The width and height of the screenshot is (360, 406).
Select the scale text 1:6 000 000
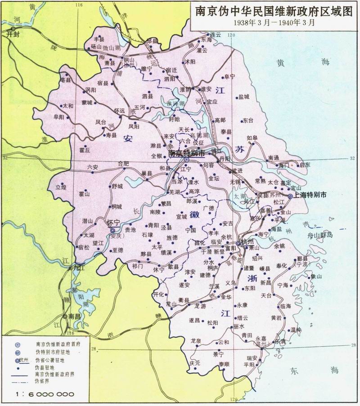[45, 394]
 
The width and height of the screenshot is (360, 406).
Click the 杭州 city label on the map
[248, 241]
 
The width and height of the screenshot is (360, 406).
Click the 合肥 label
[123, 164]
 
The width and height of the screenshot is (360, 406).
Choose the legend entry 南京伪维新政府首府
[58, 344]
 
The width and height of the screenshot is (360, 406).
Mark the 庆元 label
[194, 362]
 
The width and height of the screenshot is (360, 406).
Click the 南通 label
[273, 158]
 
